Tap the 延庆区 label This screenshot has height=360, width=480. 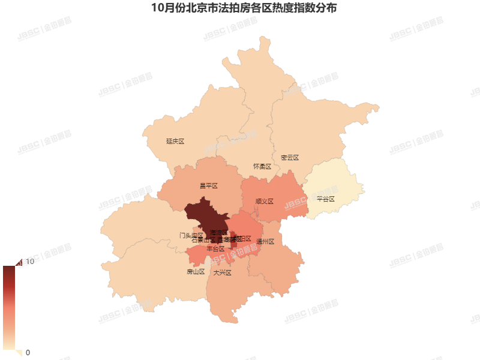(175, 142)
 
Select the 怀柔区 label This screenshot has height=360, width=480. (262, 166)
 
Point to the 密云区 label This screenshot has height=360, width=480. (289, 158)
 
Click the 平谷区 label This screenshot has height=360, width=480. (325, 199)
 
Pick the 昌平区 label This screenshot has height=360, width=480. (208, 186)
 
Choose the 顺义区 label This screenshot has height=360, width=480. (264, 202)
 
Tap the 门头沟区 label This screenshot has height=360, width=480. (191, 235)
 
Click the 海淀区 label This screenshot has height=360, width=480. (218, 232)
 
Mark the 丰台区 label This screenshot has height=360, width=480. (215, 248)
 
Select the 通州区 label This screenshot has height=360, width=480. (265, 242)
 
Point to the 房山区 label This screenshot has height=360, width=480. (196, 272)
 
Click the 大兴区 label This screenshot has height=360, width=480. (222, 272)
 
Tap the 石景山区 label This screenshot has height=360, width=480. (202, 240)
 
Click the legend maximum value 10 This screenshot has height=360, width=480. (29, 262)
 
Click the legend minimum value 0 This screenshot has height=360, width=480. (28, 352)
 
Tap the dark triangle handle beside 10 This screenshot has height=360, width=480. (18, 262)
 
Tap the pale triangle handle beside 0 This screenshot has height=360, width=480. (18, 353)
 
